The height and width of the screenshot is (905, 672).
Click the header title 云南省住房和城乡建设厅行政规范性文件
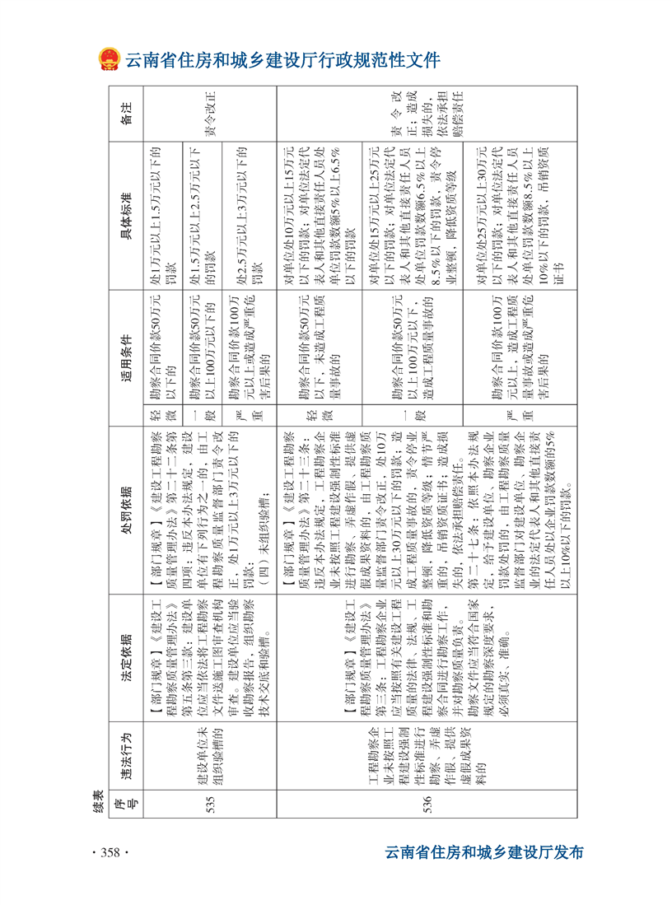tap(283, 60)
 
